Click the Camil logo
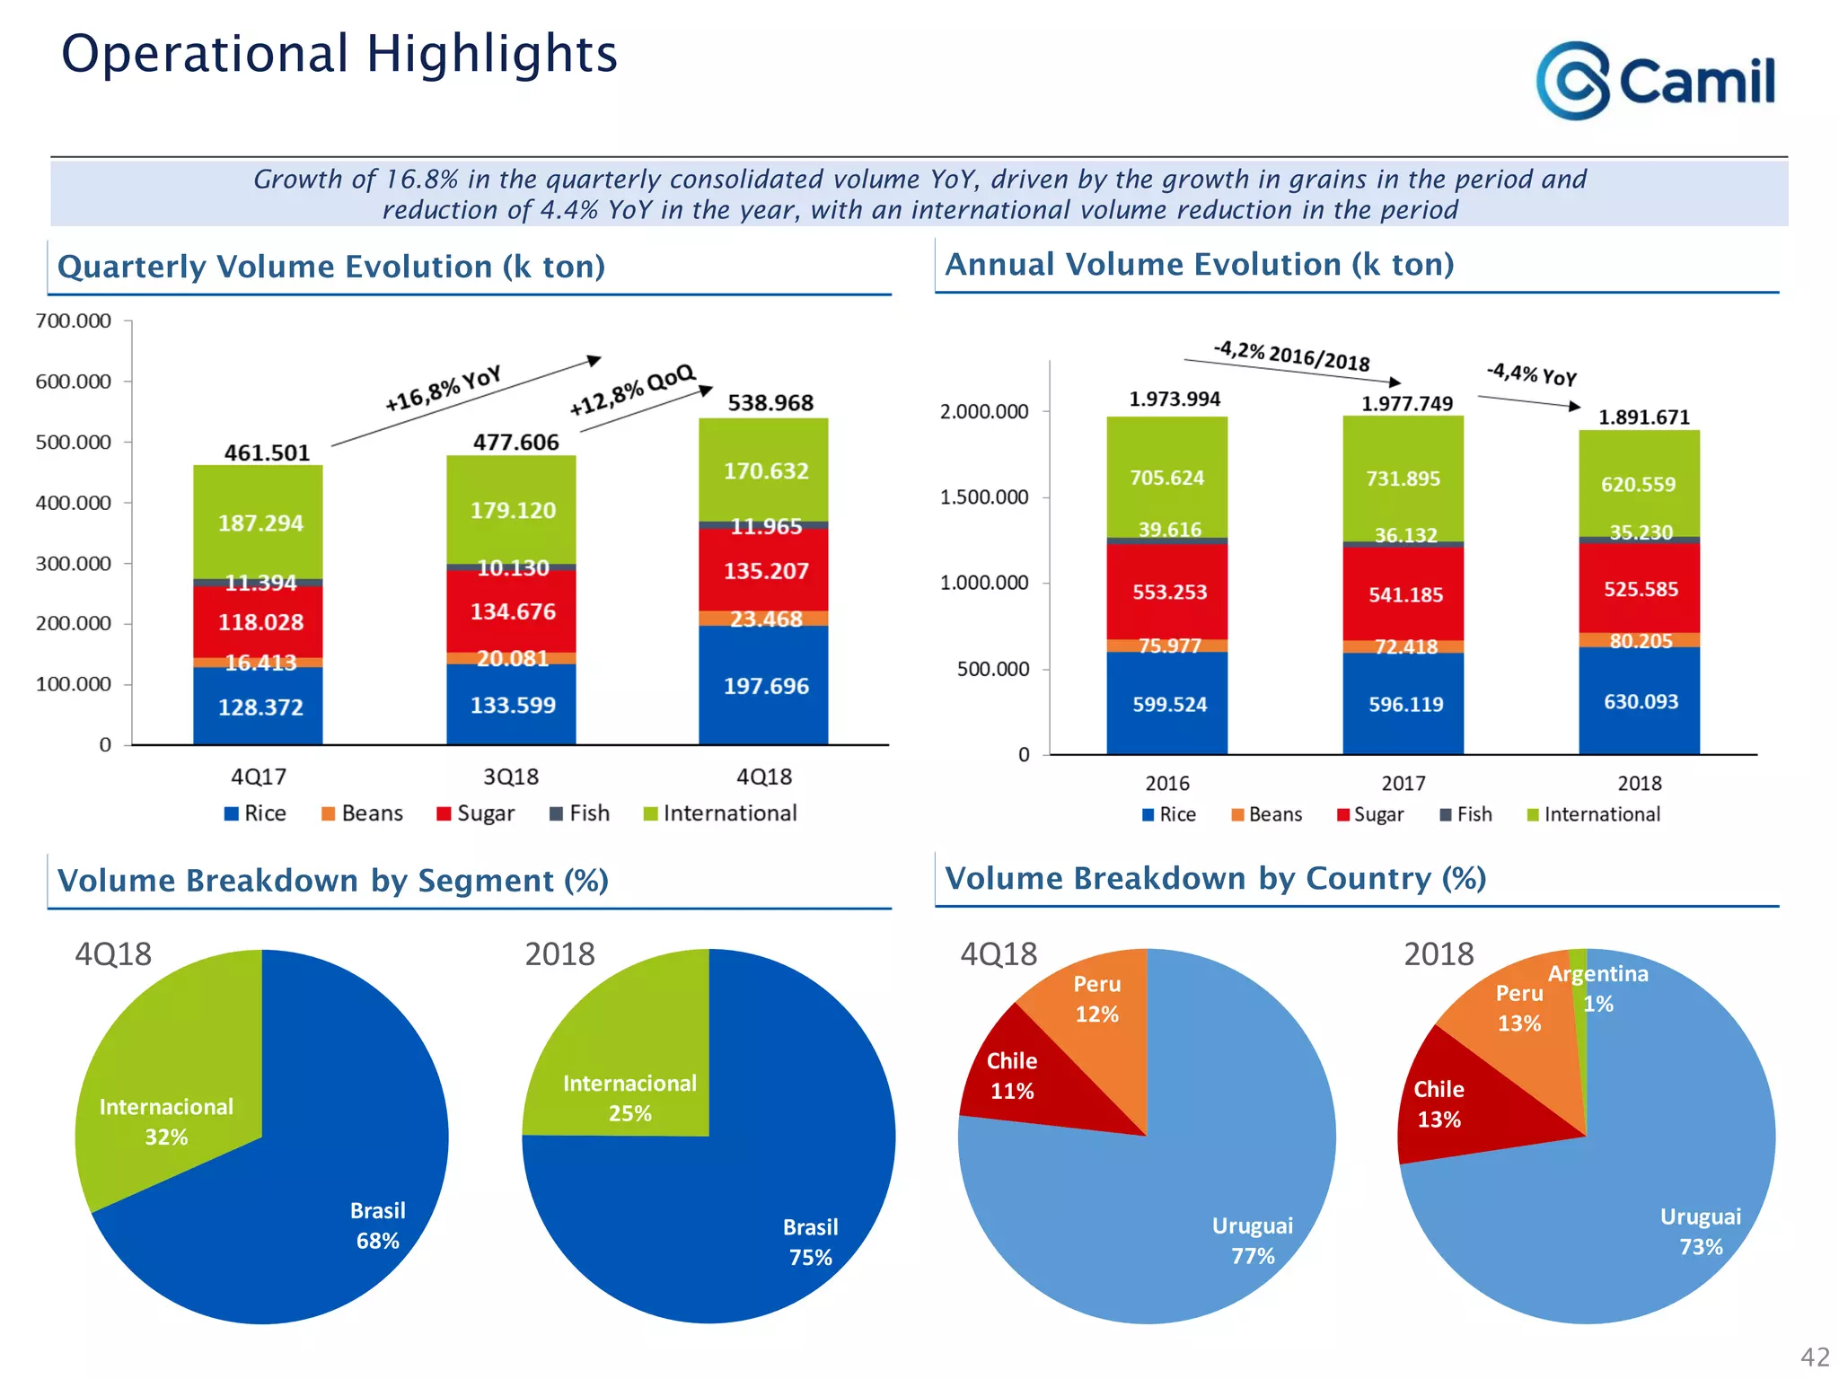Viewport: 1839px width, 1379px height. click(x=1655, y=81)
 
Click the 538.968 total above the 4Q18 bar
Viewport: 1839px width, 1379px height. click(x=770, y=403)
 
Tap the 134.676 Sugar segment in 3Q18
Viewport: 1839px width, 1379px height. click(x=512, y=611)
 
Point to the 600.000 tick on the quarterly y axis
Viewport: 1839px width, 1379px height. click(x=74, y=382)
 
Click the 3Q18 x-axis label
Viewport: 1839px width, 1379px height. click(x=510, y=777)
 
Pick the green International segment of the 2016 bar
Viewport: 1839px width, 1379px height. click(x=1166, y=477)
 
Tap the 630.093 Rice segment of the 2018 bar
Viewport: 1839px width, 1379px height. click(x=1640, y=701)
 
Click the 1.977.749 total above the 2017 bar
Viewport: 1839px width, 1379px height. click(x=1406, y=404)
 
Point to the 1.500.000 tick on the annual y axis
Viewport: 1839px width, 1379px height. click(x=984, y=497)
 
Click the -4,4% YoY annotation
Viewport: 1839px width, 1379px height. click(x=1531, y=373)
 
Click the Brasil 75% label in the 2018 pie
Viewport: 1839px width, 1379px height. click(x=810, y=1242)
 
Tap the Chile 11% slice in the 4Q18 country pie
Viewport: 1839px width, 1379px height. click(x=1012, y=1076)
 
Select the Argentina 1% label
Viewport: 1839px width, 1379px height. click(x=1599, y=987)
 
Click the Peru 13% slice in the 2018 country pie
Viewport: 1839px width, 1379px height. click(x=1519, y=1008)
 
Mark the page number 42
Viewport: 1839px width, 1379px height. click(x=1814, y=1357)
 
